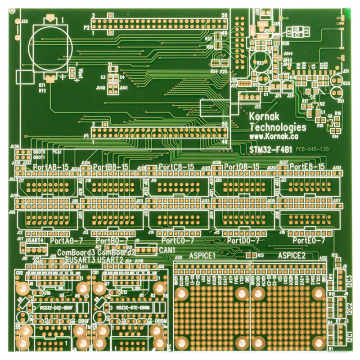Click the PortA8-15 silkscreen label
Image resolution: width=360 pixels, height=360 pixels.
coord(51,167)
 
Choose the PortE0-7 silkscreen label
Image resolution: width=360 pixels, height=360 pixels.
coord(309,241)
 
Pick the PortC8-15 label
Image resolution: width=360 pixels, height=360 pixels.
coord(176,167)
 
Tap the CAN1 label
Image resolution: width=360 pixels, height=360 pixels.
coord(167,250)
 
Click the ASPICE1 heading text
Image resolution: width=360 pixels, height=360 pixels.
coord(202,256)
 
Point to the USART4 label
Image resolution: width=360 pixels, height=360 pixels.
coord(35,241)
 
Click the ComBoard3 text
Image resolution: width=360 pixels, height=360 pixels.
coord(76,252)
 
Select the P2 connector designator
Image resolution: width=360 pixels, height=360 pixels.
coord(86,27)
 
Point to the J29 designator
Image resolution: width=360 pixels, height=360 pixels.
coord(24,21)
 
